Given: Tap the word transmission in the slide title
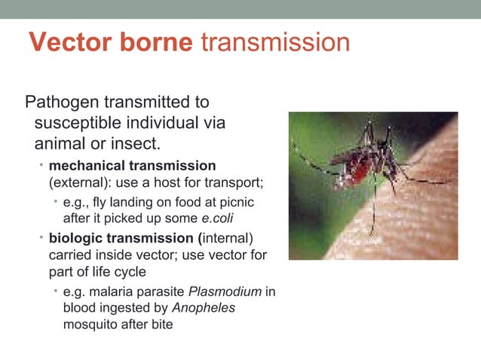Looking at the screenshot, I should pos(275,42).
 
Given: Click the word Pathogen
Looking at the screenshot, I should pos(61,102).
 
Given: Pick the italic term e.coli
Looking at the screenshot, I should pos(211,219).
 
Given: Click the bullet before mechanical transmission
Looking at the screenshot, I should pos(42,165).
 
